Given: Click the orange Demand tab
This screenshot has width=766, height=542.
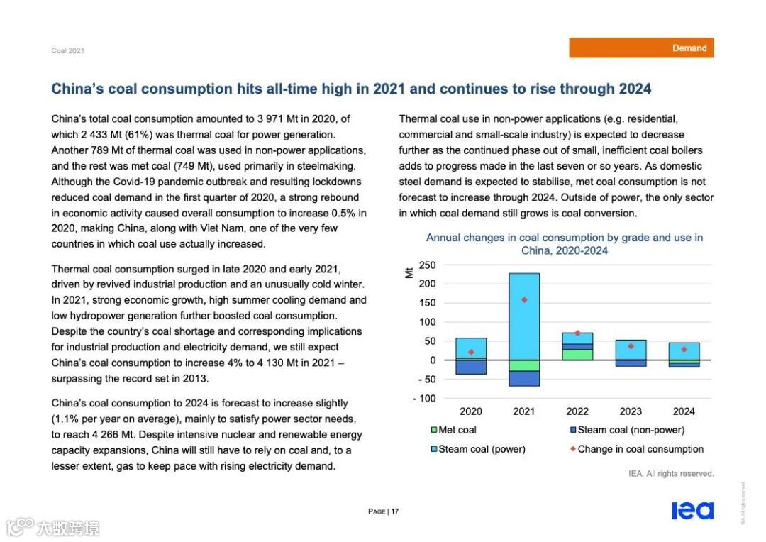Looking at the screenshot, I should point(641,48).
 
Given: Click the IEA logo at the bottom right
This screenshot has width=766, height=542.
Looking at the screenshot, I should point(692,511).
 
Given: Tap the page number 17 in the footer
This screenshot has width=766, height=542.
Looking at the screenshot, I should point(394,511).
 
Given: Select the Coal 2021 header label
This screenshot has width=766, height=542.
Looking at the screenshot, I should point(67,51).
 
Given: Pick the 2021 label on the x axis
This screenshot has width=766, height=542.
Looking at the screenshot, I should point(524,411).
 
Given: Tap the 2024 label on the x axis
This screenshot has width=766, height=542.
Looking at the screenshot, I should point(684,411).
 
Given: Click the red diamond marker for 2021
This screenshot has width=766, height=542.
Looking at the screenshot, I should point(524,299).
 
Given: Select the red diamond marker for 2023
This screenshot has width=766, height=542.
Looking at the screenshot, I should point(631,346).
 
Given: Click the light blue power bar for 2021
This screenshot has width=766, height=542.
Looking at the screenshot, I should point(524,316).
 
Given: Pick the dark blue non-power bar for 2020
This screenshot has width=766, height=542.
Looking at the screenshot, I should point(471,367).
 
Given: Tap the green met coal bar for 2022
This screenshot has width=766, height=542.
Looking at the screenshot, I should point(577,355).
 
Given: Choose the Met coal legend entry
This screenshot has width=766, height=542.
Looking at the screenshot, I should point(453,430).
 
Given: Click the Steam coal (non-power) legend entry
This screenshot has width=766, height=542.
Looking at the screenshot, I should point(626,430).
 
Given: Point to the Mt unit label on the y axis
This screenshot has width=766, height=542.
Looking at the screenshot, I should point(409,272).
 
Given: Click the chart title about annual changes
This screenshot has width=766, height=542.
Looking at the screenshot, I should point(565,244).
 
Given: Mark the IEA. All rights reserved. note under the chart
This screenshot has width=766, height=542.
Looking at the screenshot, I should point(670,473).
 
